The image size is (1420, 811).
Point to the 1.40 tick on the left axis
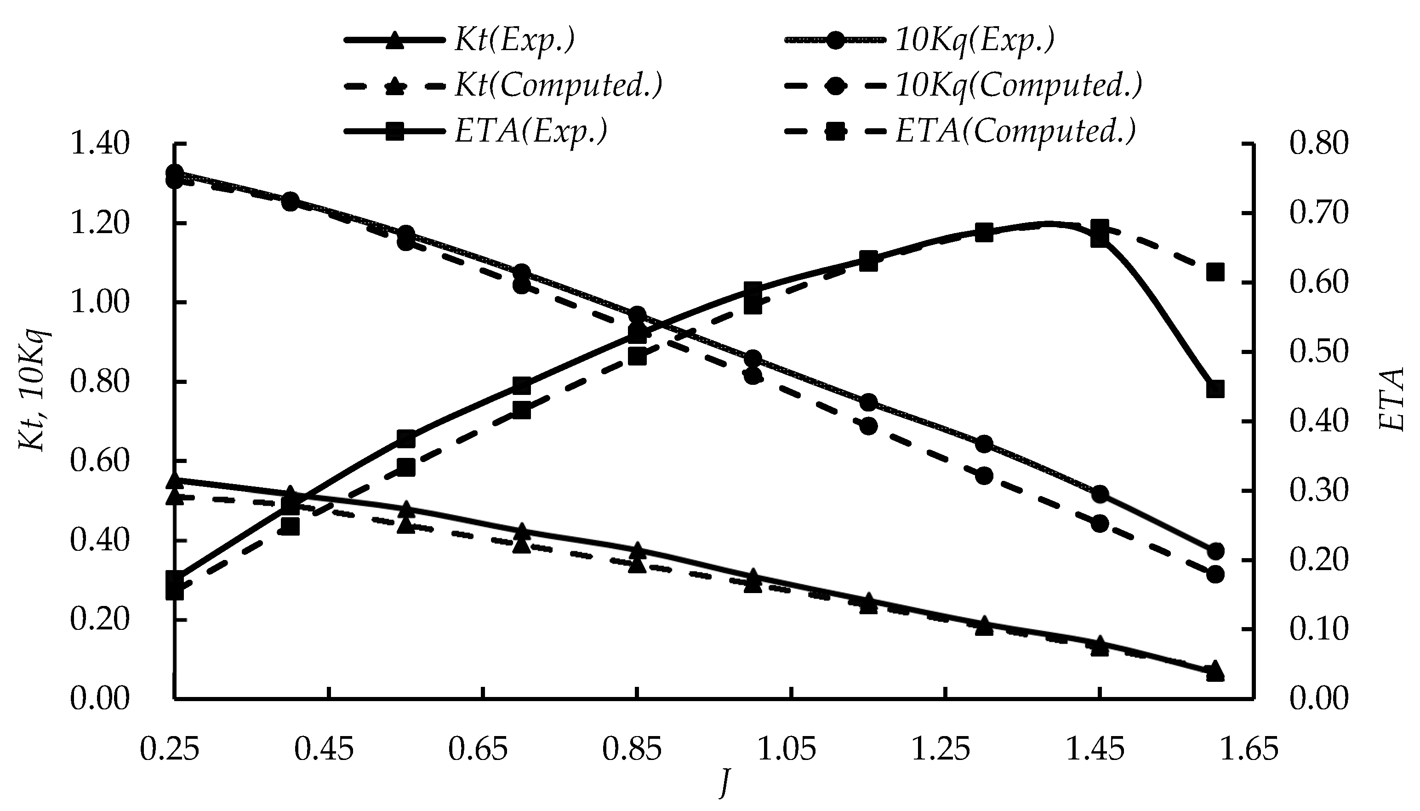[99, 144]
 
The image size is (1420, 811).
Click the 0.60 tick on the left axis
[99, 462]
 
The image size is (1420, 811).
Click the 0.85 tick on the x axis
[632, 750]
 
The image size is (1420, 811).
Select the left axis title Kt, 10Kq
[34, 390]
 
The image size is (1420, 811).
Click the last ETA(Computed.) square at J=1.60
[1215, 272]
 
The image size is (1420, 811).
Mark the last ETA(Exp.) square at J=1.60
[1215, 389]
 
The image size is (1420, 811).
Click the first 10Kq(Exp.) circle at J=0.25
[175, 173]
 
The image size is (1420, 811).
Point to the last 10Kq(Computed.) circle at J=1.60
[1215, 574]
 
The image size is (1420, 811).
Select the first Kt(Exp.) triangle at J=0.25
[175, 480]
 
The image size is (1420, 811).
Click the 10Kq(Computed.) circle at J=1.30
[984, 476]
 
